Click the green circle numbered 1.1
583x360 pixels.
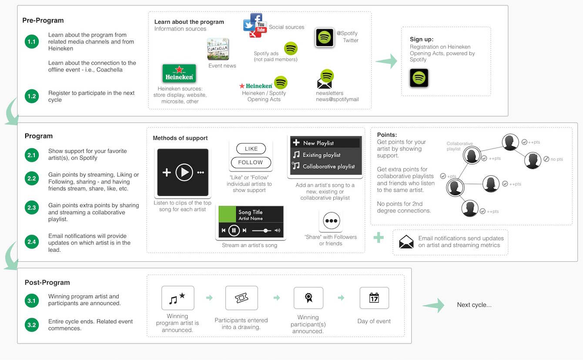pyautogui.click(x=32, y=42)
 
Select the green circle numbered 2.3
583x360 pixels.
pyautogui.click(x=32, y=208)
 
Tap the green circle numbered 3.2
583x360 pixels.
pyautogui.click(x=32, y=324)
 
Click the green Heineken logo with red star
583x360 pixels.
pyautogui.click(x=179, y=74)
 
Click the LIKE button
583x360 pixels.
pyautogui.click(x=251, y=149)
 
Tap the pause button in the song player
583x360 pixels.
pyautogui.click(x=234, y=230)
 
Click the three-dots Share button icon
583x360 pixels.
pyautogui.click(x=331, y=221)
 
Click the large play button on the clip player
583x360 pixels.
pyautogui.click(x=184, y=173)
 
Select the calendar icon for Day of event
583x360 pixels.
pyautogui.click(x=374, y=298)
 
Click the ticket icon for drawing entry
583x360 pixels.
pyautogui.click(x=241, y=298)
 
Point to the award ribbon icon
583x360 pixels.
pyautogui.click(x=308, y=298)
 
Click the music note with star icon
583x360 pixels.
pyautogui.click(x=178, y=298)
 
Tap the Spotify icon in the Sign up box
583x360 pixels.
pyautogui.click(x=419, y=78)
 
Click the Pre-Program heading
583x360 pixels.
pyautogui.click(x=43, y=20)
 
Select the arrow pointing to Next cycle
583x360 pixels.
pyautogui.click(x=433, y=305)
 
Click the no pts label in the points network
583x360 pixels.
pyautogui.click(x=556, y=159)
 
